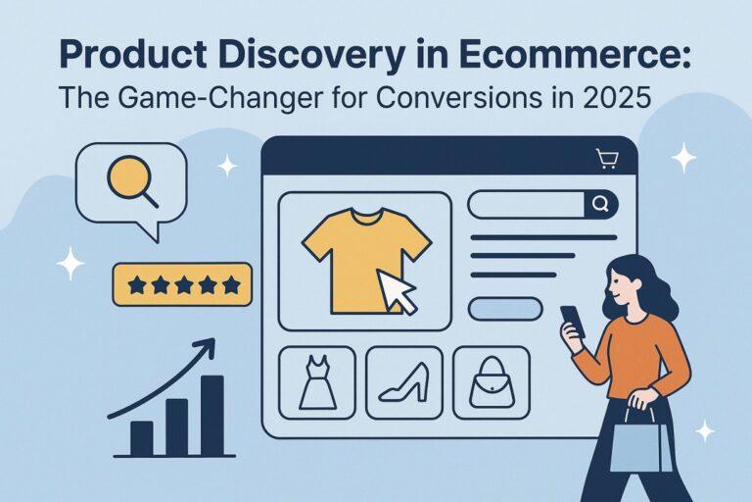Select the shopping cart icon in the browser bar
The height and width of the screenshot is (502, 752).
point(607,158)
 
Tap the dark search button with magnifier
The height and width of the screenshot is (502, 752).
point(600,204)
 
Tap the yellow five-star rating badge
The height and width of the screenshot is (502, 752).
point(182,284)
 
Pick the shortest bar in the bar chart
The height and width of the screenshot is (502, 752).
point(142,437)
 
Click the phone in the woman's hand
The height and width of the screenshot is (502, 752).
point(572,321)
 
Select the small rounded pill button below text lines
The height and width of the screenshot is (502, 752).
point(505,308)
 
